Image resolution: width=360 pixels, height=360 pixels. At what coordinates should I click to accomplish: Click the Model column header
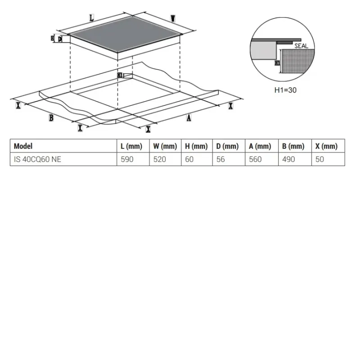pyautogui.click(x=23, y=146)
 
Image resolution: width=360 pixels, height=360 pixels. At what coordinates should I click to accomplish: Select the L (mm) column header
pyautogui.click(x=131, y=146)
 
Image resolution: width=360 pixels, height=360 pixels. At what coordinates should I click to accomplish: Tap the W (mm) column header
pyautogui.click(x=165, y=146)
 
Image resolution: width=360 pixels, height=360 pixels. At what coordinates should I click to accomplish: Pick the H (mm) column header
pyautogui.click(x=196, y=146)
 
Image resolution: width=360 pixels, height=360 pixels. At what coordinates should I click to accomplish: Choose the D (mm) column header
pyautogui.click(x=228, y=146)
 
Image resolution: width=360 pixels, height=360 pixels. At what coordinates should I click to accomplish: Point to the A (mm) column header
pyautogui.click(x=260, y=146)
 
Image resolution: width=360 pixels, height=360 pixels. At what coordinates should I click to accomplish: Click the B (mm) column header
pyautogui.click(x=293, y=146)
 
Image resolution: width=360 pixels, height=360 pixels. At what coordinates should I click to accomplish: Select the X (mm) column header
pyautogui.click(x=326, y=146)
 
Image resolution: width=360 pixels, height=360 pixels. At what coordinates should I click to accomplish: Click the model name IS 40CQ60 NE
pyautogui.click(x=37, y=159)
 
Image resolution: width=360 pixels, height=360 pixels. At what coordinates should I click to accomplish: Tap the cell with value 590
pyautogui.click(x=127, y=159)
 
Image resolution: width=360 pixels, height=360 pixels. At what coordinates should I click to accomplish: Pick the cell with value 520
pyautogui.click(x=160, y=159)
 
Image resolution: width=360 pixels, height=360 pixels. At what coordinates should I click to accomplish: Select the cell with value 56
pyautogui.click(x=220, y=159)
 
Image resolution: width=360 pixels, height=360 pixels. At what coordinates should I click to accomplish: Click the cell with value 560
pyautogui.click(x=255, y=159)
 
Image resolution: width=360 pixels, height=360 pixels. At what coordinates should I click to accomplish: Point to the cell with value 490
pyautogui.click(x=288, y=159)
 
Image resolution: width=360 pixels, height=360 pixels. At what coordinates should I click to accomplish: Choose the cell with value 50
pyautogui.click(x=319, y=159)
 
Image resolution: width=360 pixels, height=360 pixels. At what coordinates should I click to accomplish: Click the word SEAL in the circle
pyautogui.click(x=301, y=46)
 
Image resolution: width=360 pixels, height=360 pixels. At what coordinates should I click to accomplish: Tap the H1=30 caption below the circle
pyautogui.click(x=285, y=90)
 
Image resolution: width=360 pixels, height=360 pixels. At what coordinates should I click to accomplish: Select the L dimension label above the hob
pyautogui.click(x=92, y=18)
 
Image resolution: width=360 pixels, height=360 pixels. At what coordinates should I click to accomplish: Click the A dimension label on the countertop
pyautogui.click(x=189, y=118)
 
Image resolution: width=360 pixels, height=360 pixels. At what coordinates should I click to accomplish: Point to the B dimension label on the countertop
pyautogui.click(x=51, y=118)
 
